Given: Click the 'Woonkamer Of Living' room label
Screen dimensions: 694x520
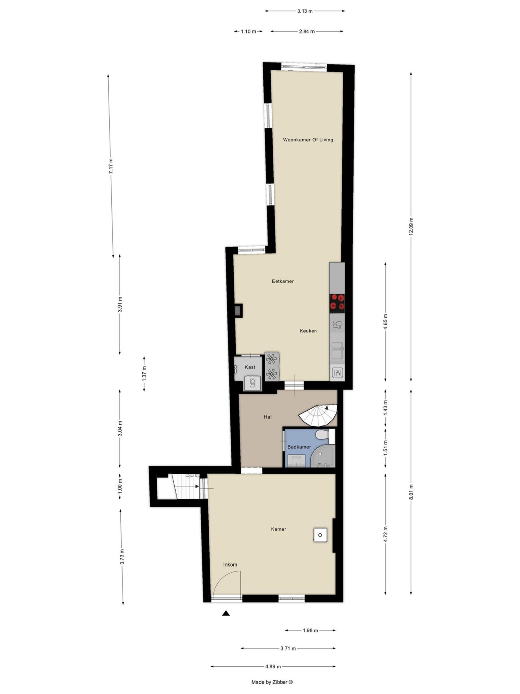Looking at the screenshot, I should point(308,140).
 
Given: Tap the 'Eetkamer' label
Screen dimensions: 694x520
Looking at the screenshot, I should point(283,281).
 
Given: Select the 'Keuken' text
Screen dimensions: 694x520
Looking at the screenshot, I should point(308,331).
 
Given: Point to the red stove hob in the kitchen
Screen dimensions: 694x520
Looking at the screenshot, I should point(337,301).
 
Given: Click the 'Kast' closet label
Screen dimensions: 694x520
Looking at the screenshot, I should point(250,367).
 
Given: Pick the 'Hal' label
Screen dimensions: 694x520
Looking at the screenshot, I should point(267,417).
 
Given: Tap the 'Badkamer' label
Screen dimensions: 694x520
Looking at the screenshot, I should point(299,447).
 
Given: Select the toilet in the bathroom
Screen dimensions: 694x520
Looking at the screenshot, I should point(323,435).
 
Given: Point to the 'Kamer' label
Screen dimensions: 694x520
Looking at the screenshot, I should point(279,529).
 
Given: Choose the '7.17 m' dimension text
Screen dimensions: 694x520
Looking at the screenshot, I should point(111,166).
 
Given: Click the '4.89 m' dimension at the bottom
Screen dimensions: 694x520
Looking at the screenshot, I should point(273,666).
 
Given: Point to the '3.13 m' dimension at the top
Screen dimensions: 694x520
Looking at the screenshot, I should point(305,11).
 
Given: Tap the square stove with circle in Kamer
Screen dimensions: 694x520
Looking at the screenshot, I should point(320,535).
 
